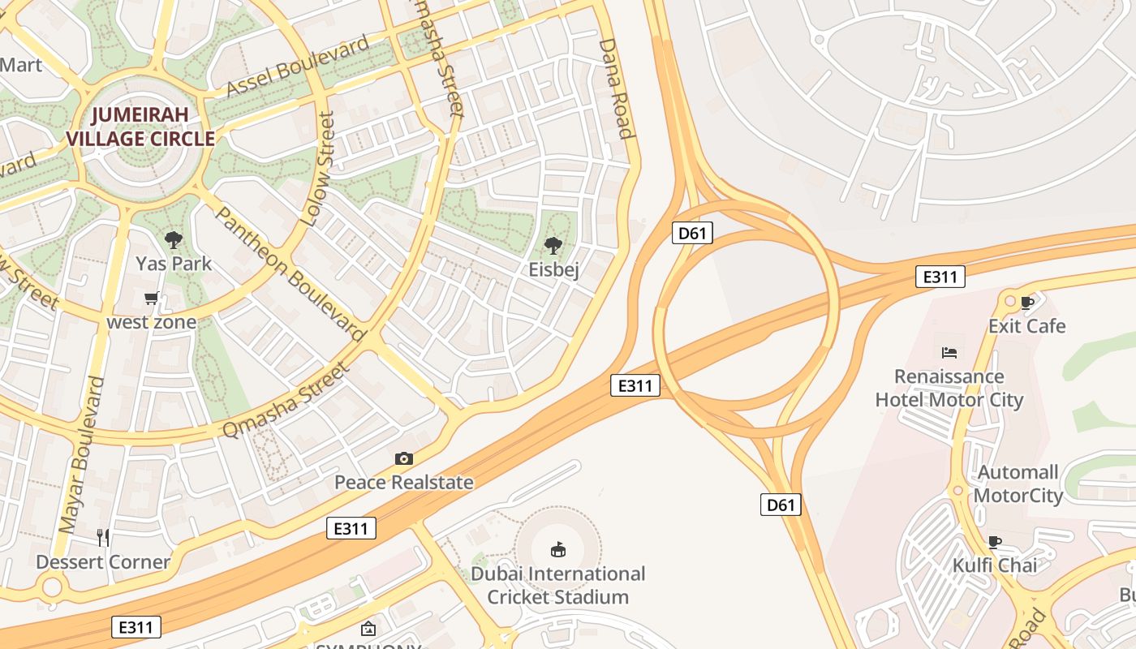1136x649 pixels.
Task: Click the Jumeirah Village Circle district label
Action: point(140,127)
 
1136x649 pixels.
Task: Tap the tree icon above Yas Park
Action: point(173,239)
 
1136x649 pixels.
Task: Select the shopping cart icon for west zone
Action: point(152,299)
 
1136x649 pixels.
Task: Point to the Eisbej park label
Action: point(553,269)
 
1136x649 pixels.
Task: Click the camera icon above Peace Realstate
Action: point(403,459)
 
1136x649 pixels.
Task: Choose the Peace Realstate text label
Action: point(403,483)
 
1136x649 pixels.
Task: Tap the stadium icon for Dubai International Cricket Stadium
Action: point(558,550)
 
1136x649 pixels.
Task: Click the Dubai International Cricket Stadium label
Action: point(558,585)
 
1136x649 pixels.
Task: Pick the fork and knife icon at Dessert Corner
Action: point(103,537)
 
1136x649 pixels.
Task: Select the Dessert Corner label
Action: point(103,561)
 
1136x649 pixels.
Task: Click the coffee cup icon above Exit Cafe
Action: point(1026,303)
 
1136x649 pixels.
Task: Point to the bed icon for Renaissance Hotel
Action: point(949,352)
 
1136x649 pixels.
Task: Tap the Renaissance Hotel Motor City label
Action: point(949,388)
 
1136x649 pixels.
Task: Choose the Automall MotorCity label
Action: point(1018,484)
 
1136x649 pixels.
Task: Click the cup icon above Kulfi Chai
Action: point(995,542)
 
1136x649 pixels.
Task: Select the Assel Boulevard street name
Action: point(298,66)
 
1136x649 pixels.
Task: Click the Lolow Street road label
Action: point(317,170)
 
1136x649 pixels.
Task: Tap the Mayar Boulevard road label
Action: point(83,454)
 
